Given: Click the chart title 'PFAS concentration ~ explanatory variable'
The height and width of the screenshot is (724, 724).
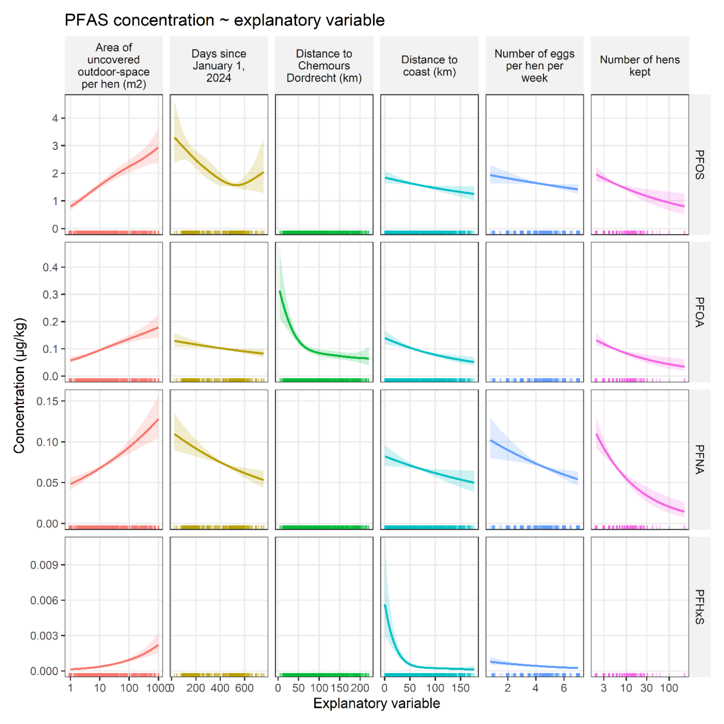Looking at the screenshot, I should tap(224, 20).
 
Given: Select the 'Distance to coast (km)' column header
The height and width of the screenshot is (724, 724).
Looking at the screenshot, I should tap(429, 65).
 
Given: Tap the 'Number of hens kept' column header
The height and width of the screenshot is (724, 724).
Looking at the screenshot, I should tap(640, 65).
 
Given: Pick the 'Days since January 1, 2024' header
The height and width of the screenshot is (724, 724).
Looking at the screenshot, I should tap(219, 65).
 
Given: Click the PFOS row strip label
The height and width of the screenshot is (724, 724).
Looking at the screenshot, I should tap(699, 165).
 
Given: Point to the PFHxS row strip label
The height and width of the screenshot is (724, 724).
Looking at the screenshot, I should tap(699, 607).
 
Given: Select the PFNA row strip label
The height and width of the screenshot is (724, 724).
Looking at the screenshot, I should tap(699, 459).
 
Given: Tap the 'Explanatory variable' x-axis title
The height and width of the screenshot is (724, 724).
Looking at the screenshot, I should tap(377, 703).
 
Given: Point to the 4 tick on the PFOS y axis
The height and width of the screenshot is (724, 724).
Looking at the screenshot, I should tap(55, 118).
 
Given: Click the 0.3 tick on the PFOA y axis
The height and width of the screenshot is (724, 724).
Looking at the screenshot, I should tap(50, 294).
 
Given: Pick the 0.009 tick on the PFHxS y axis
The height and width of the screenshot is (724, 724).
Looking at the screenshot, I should tap(44, 565).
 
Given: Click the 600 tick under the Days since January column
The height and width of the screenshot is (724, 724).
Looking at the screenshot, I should tap(244, 688).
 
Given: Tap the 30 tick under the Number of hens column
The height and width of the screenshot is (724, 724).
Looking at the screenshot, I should tap(646, 688).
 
